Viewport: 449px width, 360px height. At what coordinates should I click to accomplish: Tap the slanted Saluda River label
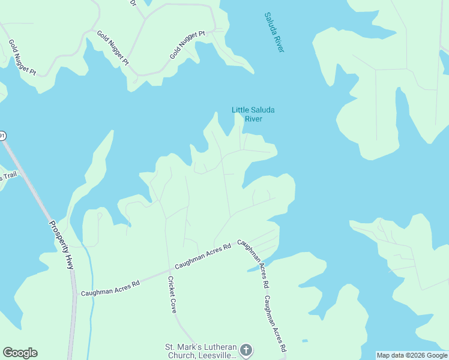[x=274, y=32]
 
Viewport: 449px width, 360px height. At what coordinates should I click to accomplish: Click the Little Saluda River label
[x=247, y=114]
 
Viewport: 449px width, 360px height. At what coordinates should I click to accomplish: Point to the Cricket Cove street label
[x=172, y=295]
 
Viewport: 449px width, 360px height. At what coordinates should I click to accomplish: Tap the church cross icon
[x=246, y=350]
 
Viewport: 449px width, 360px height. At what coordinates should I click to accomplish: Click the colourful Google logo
[x=20, y=353]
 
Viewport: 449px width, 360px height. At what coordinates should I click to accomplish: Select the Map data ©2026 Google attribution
[x=412, y=355]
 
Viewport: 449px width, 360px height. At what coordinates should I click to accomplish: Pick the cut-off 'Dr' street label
[x=133, y=3]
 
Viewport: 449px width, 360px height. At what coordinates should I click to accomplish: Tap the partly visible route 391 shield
[x=2, y=136]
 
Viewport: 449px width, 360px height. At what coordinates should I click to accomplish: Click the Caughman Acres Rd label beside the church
[x=275, y=324]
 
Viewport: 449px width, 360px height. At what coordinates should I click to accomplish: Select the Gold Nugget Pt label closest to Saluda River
[x=187, y=45]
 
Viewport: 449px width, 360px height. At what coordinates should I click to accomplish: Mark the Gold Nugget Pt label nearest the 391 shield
[x=22, y=58]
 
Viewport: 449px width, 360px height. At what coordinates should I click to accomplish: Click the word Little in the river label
[x=242, y=110]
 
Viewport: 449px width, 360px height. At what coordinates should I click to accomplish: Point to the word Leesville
[x=218, y=355]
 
